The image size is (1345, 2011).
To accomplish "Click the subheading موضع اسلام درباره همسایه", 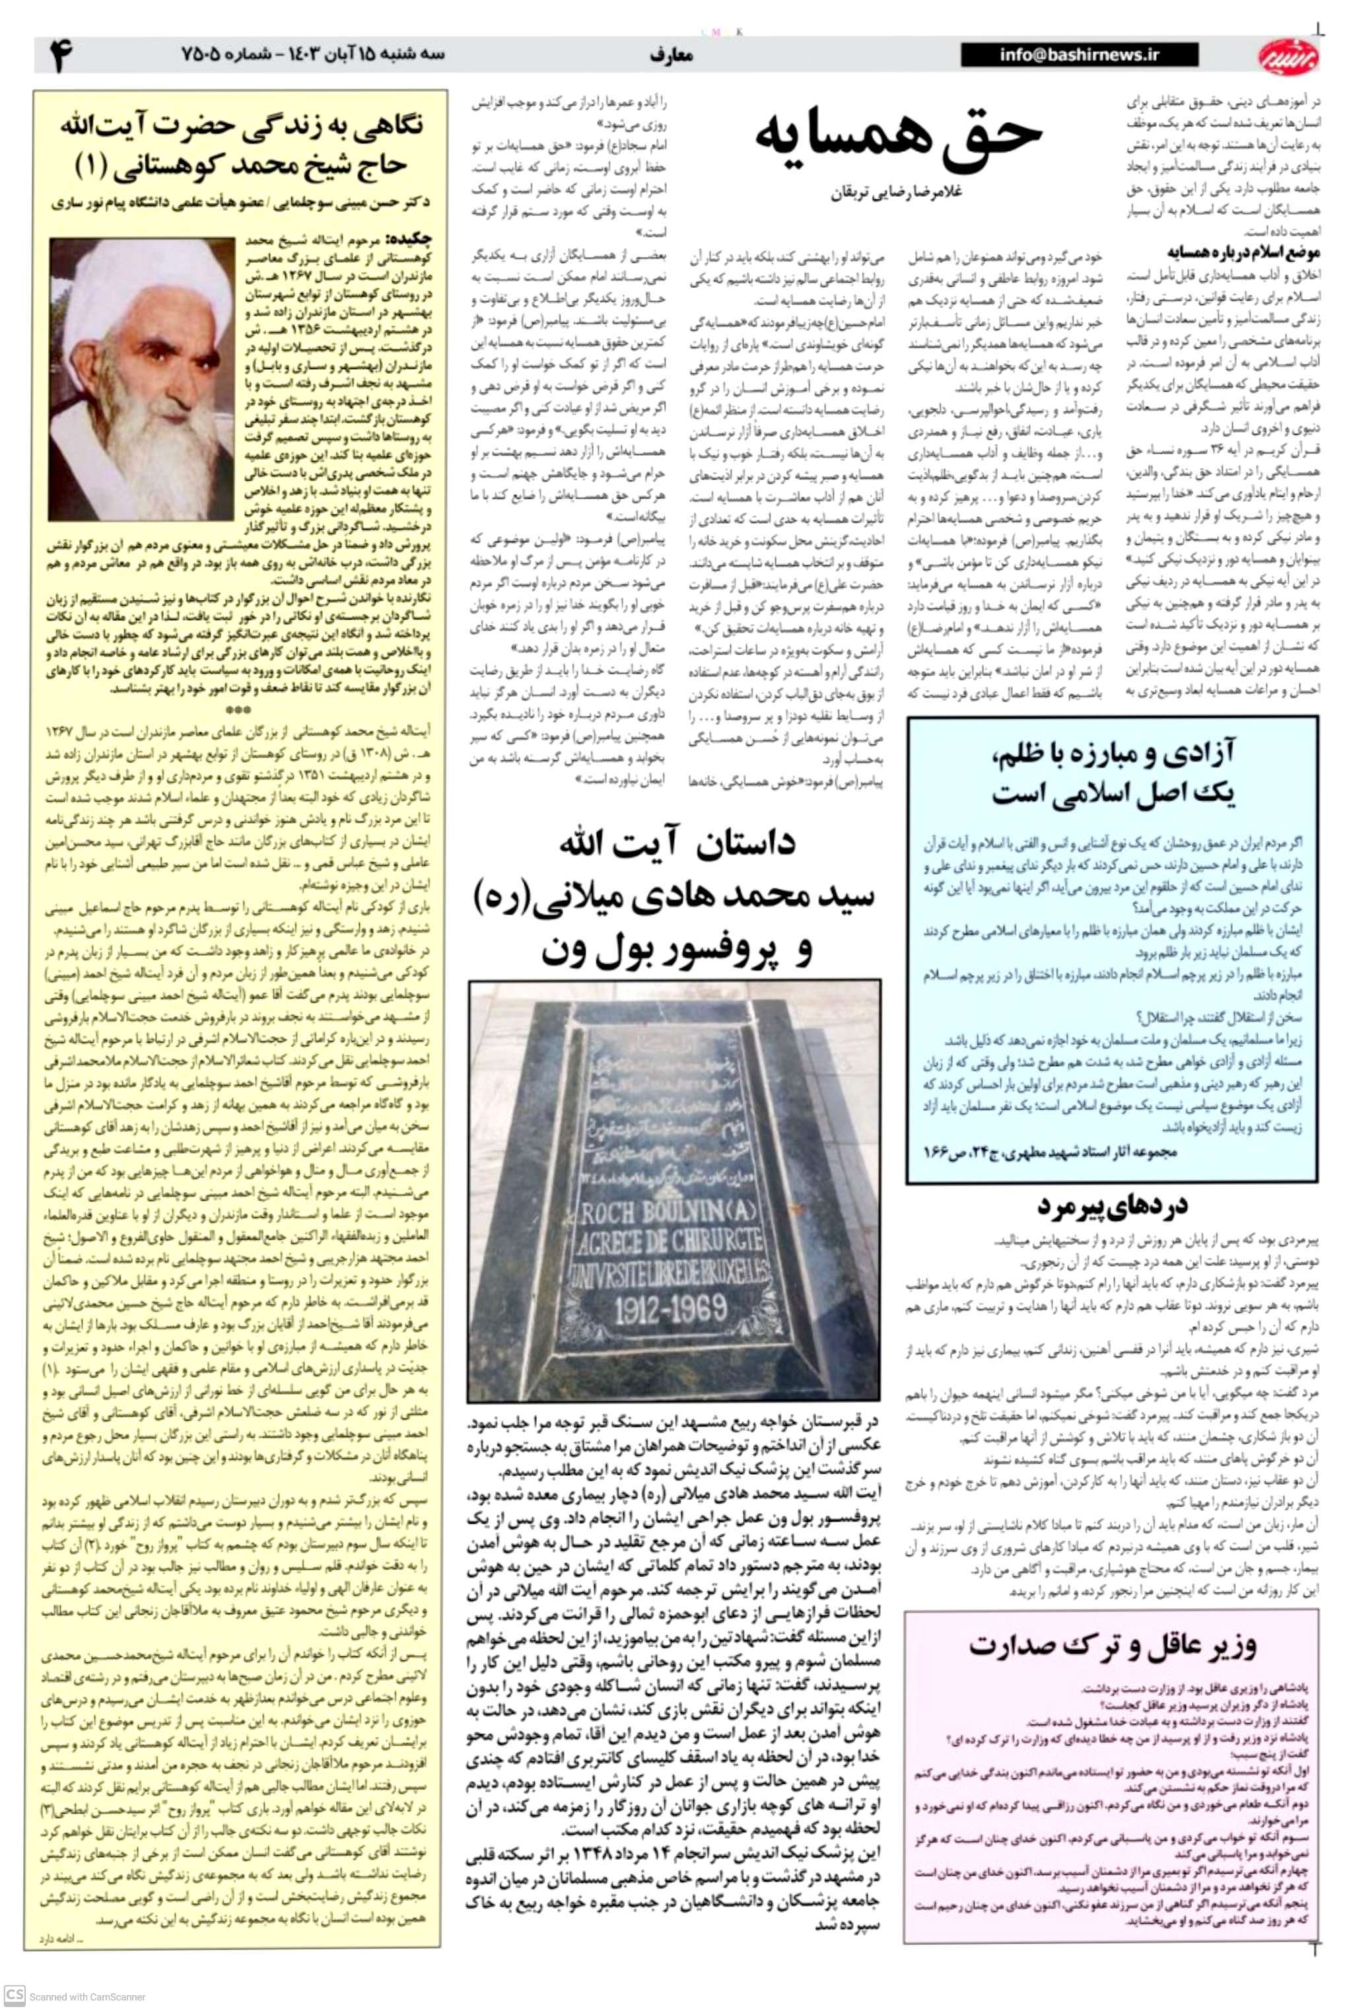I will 1228,252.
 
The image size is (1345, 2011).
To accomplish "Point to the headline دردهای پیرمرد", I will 1113,1205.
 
